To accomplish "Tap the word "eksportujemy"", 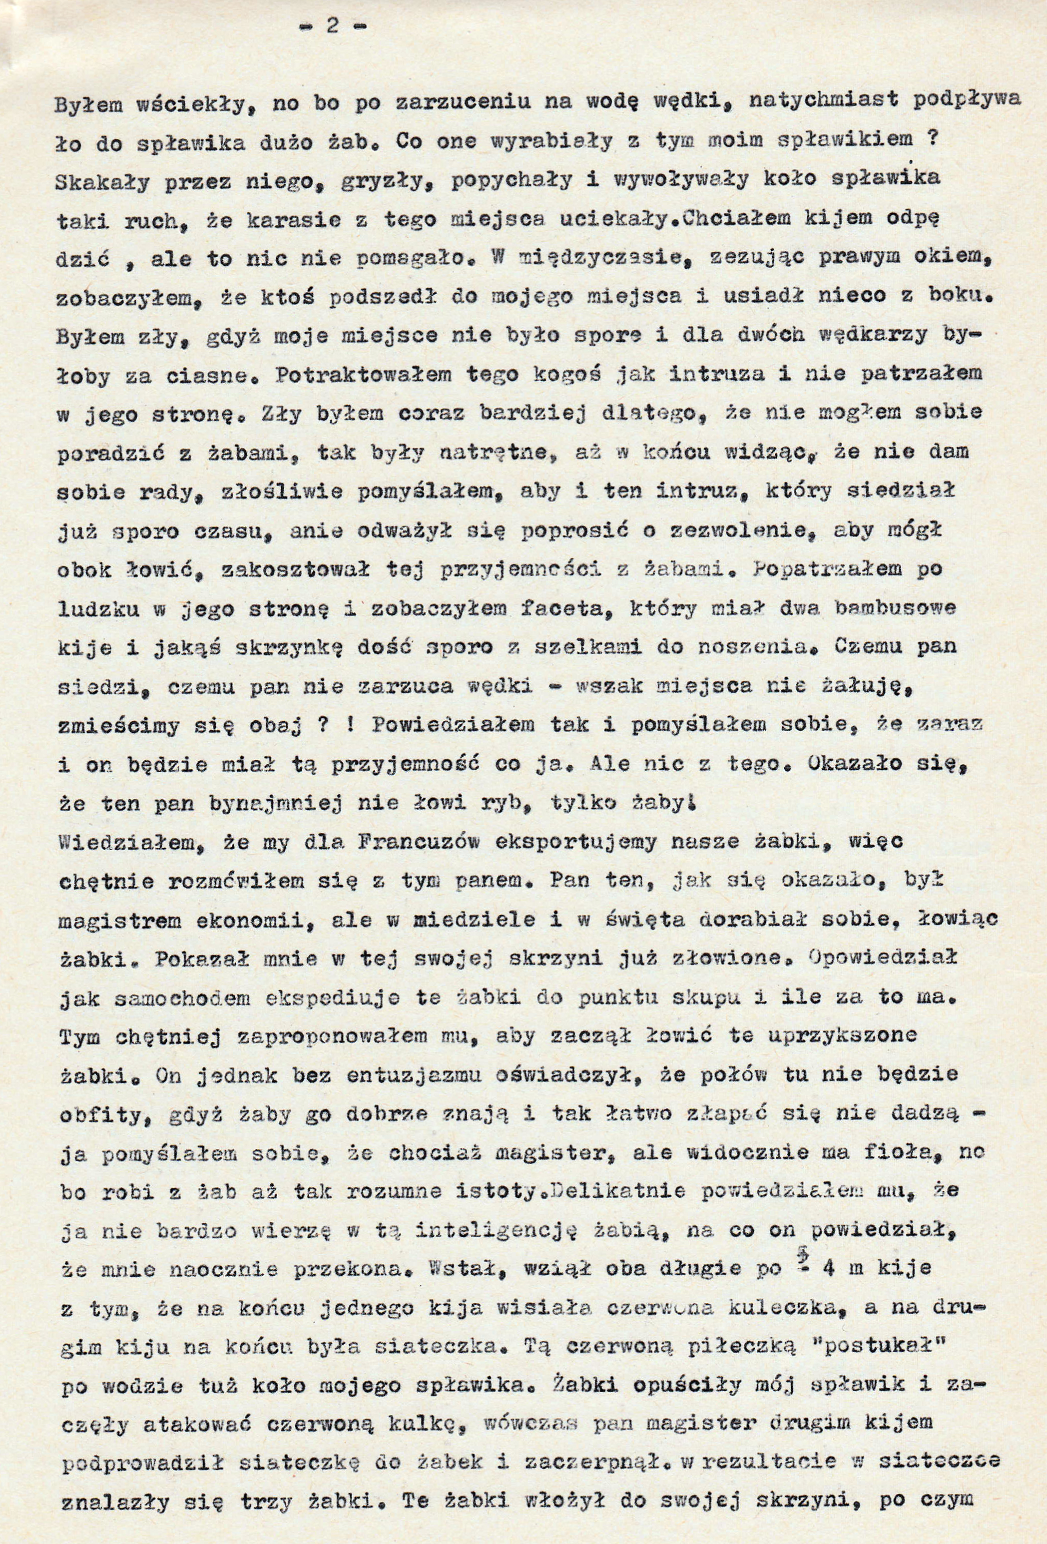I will [x=614, y=844].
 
